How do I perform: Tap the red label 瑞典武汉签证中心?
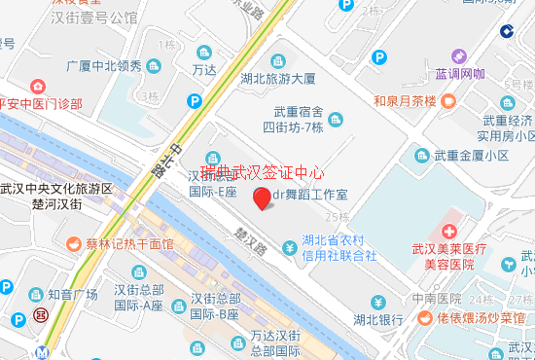tap(263, 172)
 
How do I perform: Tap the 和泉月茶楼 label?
tap(405, 99)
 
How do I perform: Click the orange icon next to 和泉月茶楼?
tap(446, 99)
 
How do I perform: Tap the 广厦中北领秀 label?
tap(105, 67)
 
